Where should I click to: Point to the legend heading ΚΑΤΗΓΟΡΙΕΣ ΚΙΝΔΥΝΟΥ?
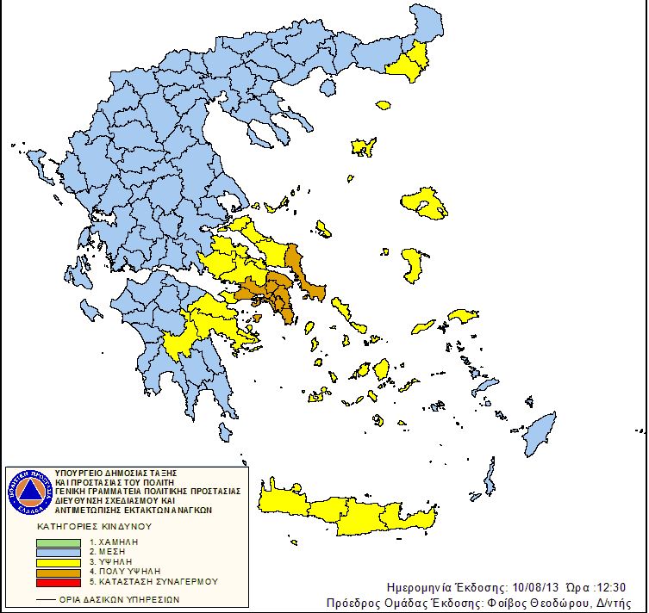click(94, 525)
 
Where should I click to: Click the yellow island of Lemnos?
click(363, 146)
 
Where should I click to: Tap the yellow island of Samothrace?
click(383, 105)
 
